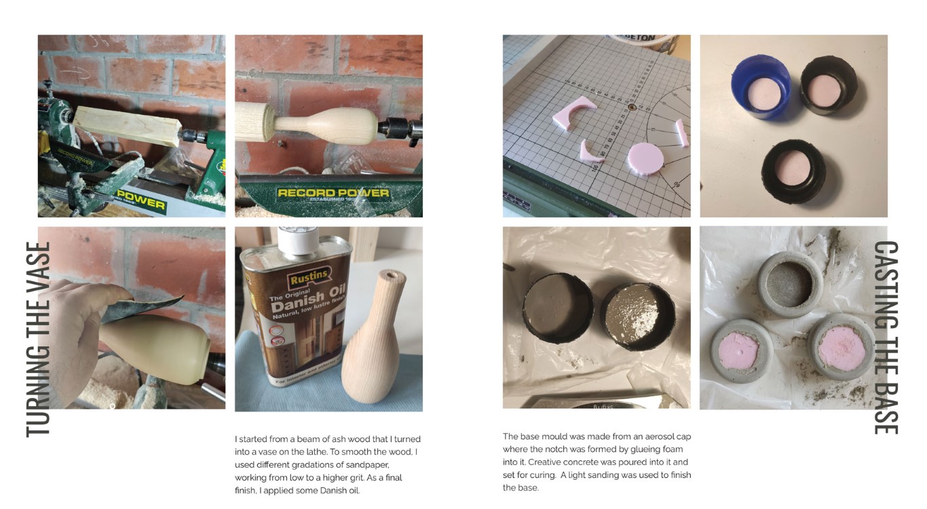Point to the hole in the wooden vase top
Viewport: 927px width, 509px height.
390,274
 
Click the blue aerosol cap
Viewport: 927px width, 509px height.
761,87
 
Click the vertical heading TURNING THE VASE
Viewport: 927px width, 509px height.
38,339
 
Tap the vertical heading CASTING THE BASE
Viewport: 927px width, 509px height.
886,338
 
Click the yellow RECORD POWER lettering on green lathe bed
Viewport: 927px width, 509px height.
333,193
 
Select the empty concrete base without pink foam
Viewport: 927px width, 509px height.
790,283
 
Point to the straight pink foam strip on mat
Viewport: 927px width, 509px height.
682,133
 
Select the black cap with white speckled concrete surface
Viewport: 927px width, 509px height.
637,317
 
